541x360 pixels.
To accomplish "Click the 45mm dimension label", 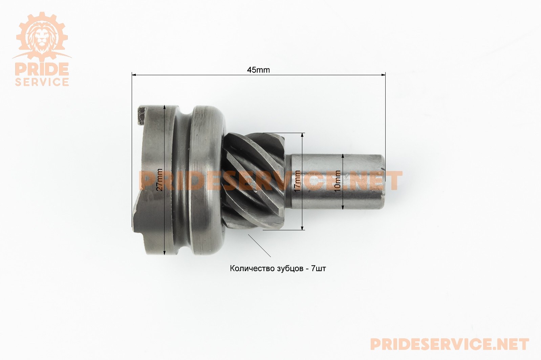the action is tap(258, 70).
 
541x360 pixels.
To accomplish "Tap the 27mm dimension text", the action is tap(159, 180).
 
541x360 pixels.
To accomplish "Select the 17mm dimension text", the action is tap(298, 181).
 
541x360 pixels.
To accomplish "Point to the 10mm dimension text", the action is tap(338, 181).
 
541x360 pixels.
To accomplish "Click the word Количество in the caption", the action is tap(251, 269).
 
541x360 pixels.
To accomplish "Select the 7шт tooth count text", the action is tap(319, 269).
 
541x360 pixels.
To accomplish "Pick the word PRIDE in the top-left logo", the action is tap(42, 69).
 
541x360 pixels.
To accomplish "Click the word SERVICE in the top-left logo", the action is tap(42, 82).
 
